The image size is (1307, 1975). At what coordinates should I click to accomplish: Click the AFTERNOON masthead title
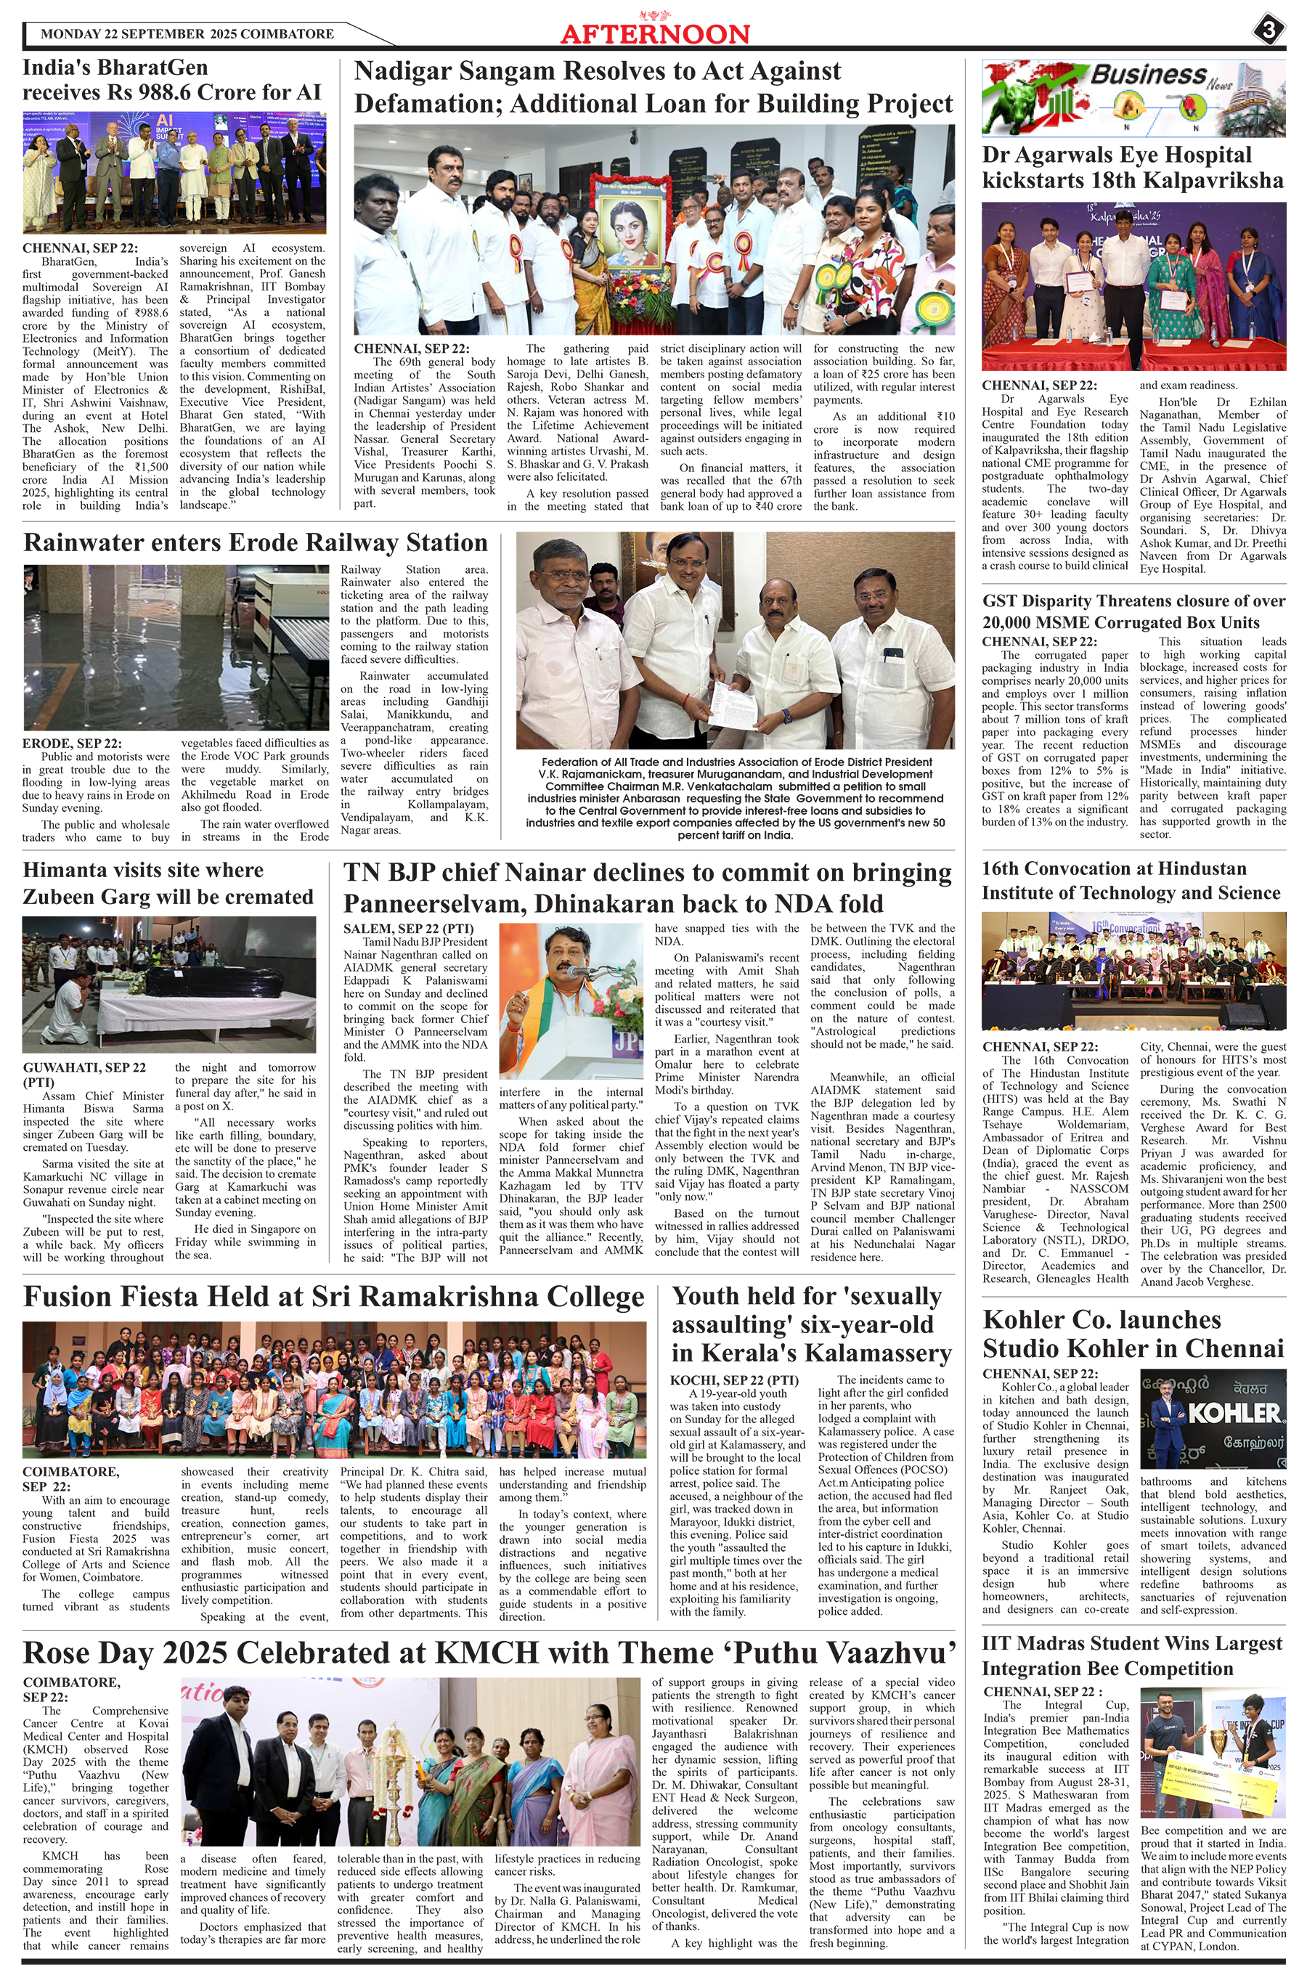(x=654, y=33)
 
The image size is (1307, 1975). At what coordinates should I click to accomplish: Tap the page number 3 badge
(x=1267, y=32)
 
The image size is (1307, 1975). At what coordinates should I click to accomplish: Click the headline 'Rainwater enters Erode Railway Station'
(x=255, y=542)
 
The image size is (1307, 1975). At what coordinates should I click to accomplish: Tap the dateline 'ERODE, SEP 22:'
(x=72, y=744)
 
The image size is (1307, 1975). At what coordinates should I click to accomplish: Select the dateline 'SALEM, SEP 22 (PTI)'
(x=408, y=929)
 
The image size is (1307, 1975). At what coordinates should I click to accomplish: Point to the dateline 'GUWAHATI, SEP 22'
(x=84, y=1067)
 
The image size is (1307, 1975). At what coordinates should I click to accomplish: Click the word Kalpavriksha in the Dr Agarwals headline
(x=1216, y=180)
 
